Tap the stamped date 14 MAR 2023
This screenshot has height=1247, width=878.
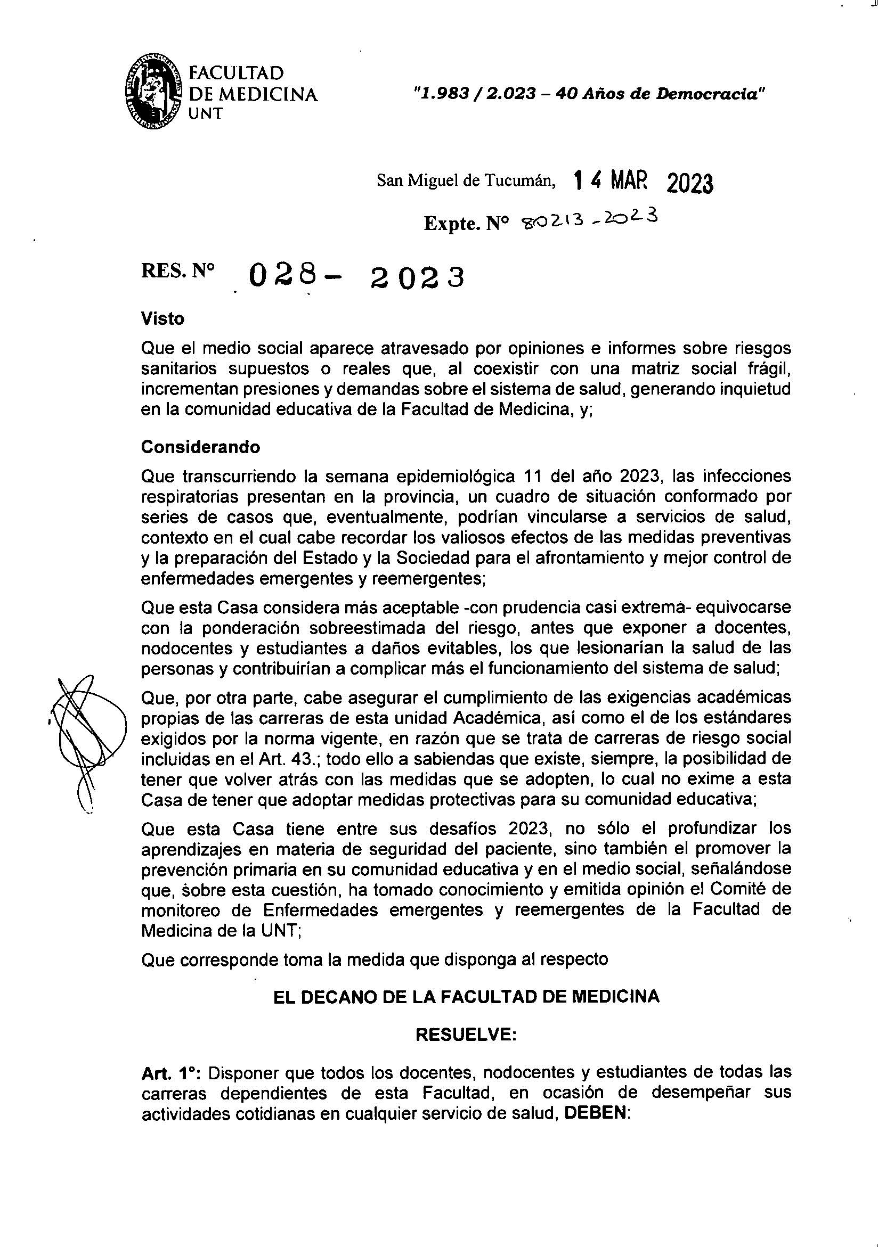click(643, 183)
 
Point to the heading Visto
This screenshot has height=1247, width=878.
click(162, 318)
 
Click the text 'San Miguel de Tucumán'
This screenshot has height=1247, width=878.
click(466, 182)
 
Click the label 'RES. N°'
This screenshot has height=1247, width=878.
click(177, 272)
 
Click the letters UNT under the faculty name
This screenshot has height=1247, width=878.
click(205, 114)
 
